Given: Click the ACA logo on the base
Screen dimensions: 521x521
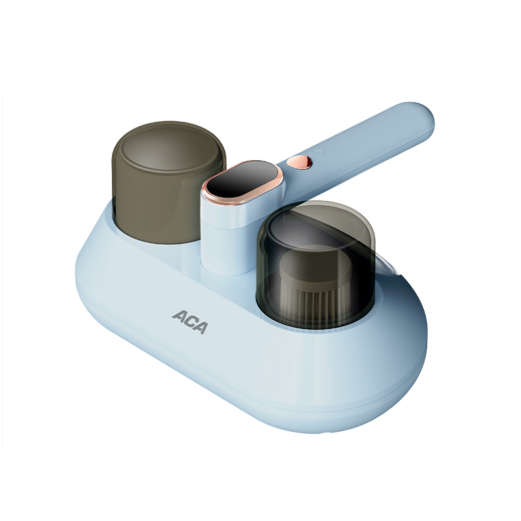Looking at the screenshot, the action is click(190, 322).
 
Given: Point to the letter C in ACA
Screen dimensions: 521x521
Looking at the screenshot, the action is click(190, 322).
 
